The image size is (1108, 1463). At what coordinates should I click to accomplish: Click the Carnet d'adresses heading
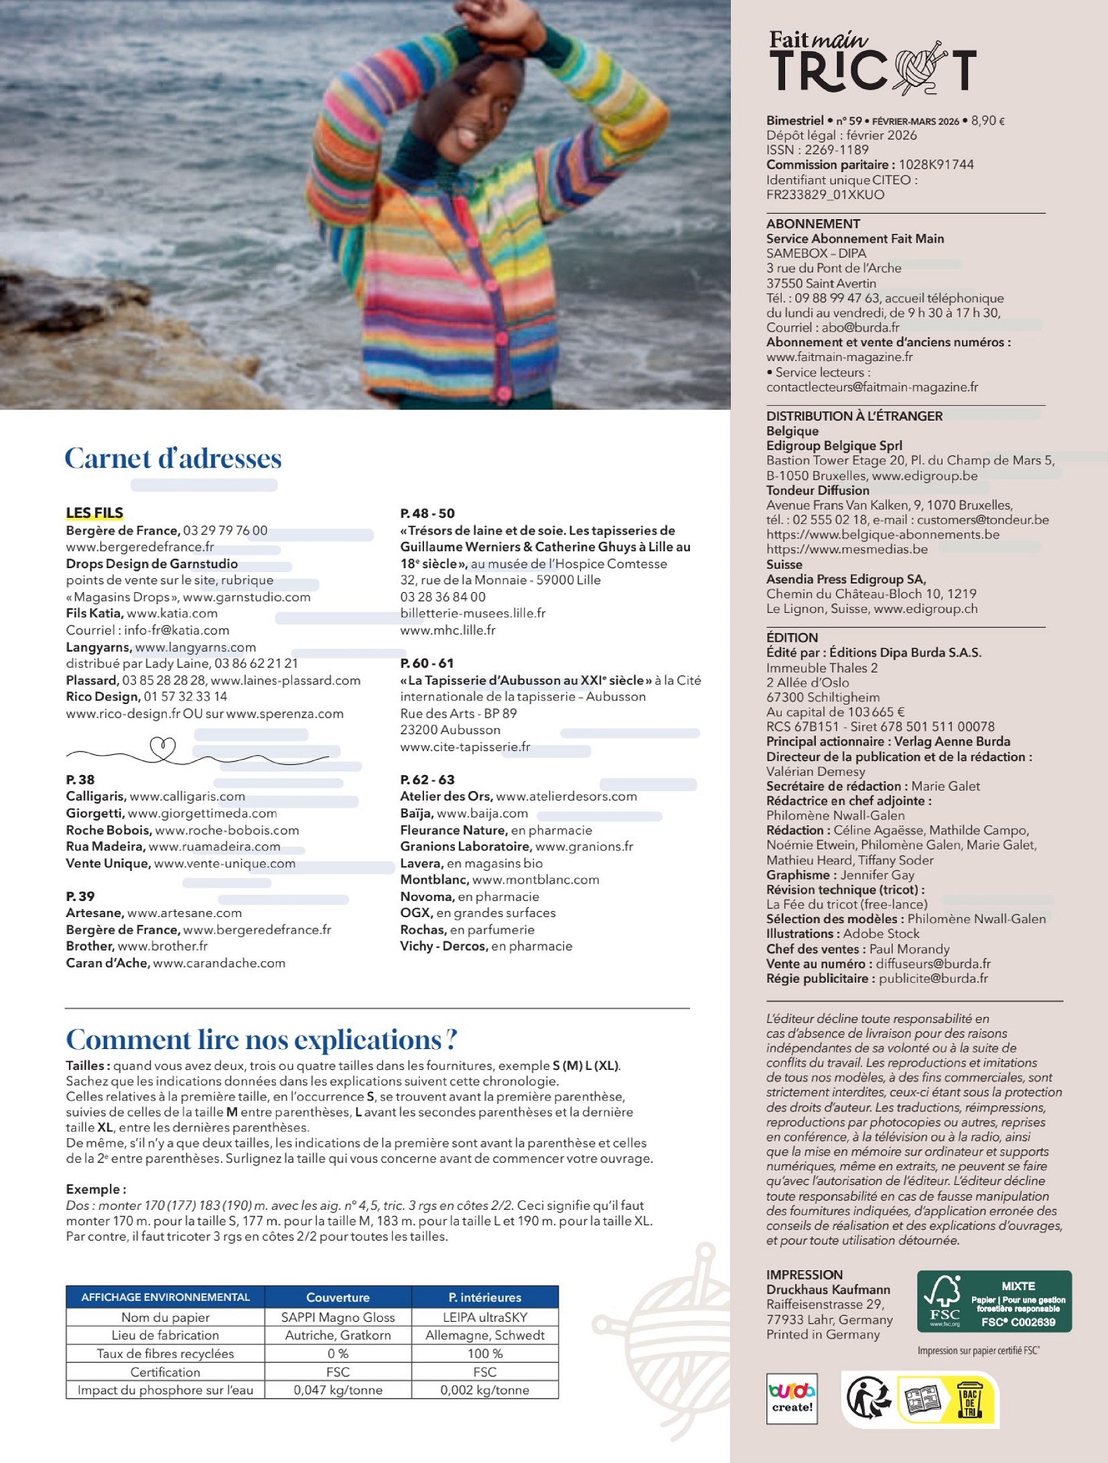pos(173,459)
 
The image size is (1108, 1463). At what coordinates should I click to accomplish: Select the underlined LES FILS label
pos(94,513)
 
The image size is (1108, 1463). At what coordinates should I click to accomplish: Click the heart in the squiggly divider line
pos(162,747)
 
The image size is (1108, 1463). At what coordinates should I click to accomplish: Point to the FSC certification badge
pos(994,1301)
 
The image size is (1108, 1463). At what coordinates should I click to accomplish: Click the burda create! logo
pos(792,1398)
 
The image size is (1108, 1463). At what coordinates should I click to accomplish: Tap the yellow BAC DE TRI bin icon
pos(969,1399)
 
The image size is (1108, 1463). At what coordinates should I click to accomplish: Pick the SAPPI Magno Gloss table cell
pos(338,1317)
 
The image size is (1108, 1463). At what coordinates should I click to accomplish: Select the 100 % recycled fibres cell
pos(484,1353)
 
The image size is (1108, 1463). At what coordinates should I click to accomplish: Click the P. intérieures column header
pos(484,1298)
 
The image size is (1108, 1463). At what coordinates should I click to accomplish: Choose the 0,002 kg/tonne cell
pos(484,1390)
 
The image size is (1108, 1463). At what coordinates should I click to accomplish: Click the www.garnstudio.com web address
pos(247,597)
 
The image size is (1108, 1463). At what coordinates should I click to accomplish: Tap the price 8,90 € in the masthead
pos(987,121)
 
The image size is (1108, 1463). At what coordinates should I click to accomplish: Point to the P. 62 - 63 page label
pos(427,780)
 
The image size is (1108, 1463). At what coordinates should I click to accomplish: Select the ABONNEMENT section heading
pos(813,224)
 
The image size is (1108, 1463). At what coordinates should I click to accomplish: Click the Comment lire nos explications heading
pos(261,1040)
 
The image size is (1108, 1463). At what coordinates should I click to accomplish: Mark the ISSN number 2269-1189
pos(836,150)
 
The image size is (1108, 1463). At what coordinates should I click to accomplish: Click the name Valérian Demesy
pos(815,772)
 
